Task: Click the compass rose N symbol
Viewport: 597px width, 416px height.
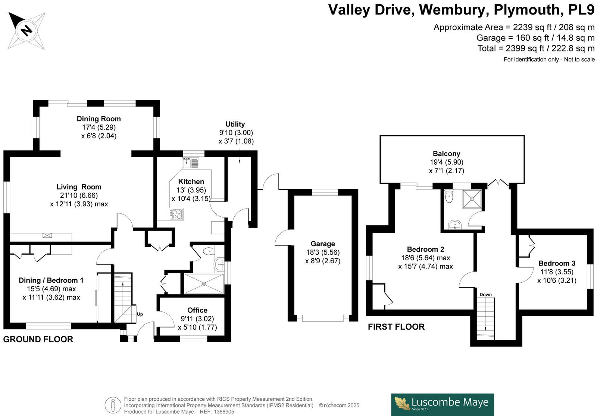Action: click(x=26, y=30)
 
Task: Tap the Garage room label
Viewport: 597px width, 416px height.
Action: click(x=323, y=244)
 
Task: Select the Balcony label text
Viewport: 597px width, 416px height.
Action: click(x=446, y=153)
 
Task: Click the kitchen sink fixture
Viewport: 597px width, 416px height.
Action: click(x=191, y=163)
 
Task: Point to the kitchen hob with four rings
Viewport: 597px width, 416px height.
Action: click(x=176, y=215)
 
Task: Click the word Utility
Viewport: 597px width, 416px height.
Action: click(x=235, y=124)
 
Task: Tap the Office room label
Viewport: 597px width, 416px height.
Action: click(x=197, y=310)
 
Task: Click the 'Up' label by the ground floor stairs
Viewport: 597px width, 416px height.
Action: click(x=140, y=314)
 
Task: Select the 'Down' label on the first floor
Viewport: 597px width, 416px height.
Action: click(x=485, y=295)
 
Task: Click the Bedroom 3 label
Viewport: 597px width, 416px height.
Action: click(x=557, y=263)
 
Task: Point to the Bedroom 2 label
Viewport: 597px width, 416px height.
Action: click(x=425, y=249)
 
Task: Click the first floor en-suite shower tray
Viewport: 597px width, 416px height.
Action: click(x=472, y=199)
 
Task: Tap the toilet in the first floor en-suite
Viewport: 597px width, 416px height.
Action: click(x=449, y=196)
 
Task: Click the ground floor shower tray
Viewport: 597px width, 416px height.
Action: click(x=204, y=284)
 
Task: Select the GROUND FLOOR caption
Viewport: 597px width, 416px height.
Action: click(x=38, y=339)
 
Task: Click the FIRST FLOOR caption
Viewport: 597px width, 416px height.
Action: click(x=396, y=327)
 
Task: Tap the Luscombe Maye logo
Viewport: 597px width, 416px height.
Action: click(x=443, y=404)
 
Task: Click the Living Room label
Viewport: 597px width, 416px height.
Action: click(x=79, y=187)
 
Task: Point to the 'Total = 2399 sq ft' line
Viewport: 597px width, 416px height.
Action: click(x=536, y=48)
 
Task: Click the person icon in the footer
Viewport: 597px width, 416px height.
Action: click(x=113, y=405)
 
